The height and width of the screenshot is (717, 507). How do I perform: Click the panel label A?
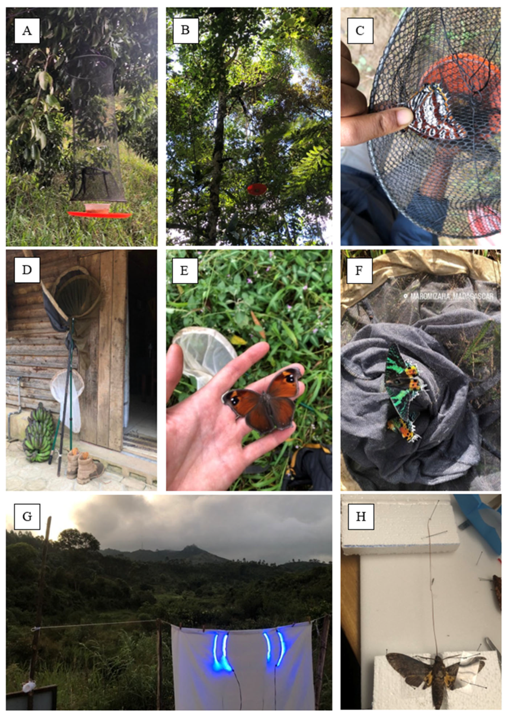pos(27,30)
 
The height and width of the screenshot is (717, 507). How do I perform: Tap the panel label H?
pos(361,516)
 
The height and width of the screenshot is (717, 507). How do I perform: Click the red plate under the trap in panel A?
pos(99,214)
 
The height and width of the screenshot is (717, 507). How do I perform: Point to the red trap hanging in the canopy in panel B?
pos(257,189)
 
